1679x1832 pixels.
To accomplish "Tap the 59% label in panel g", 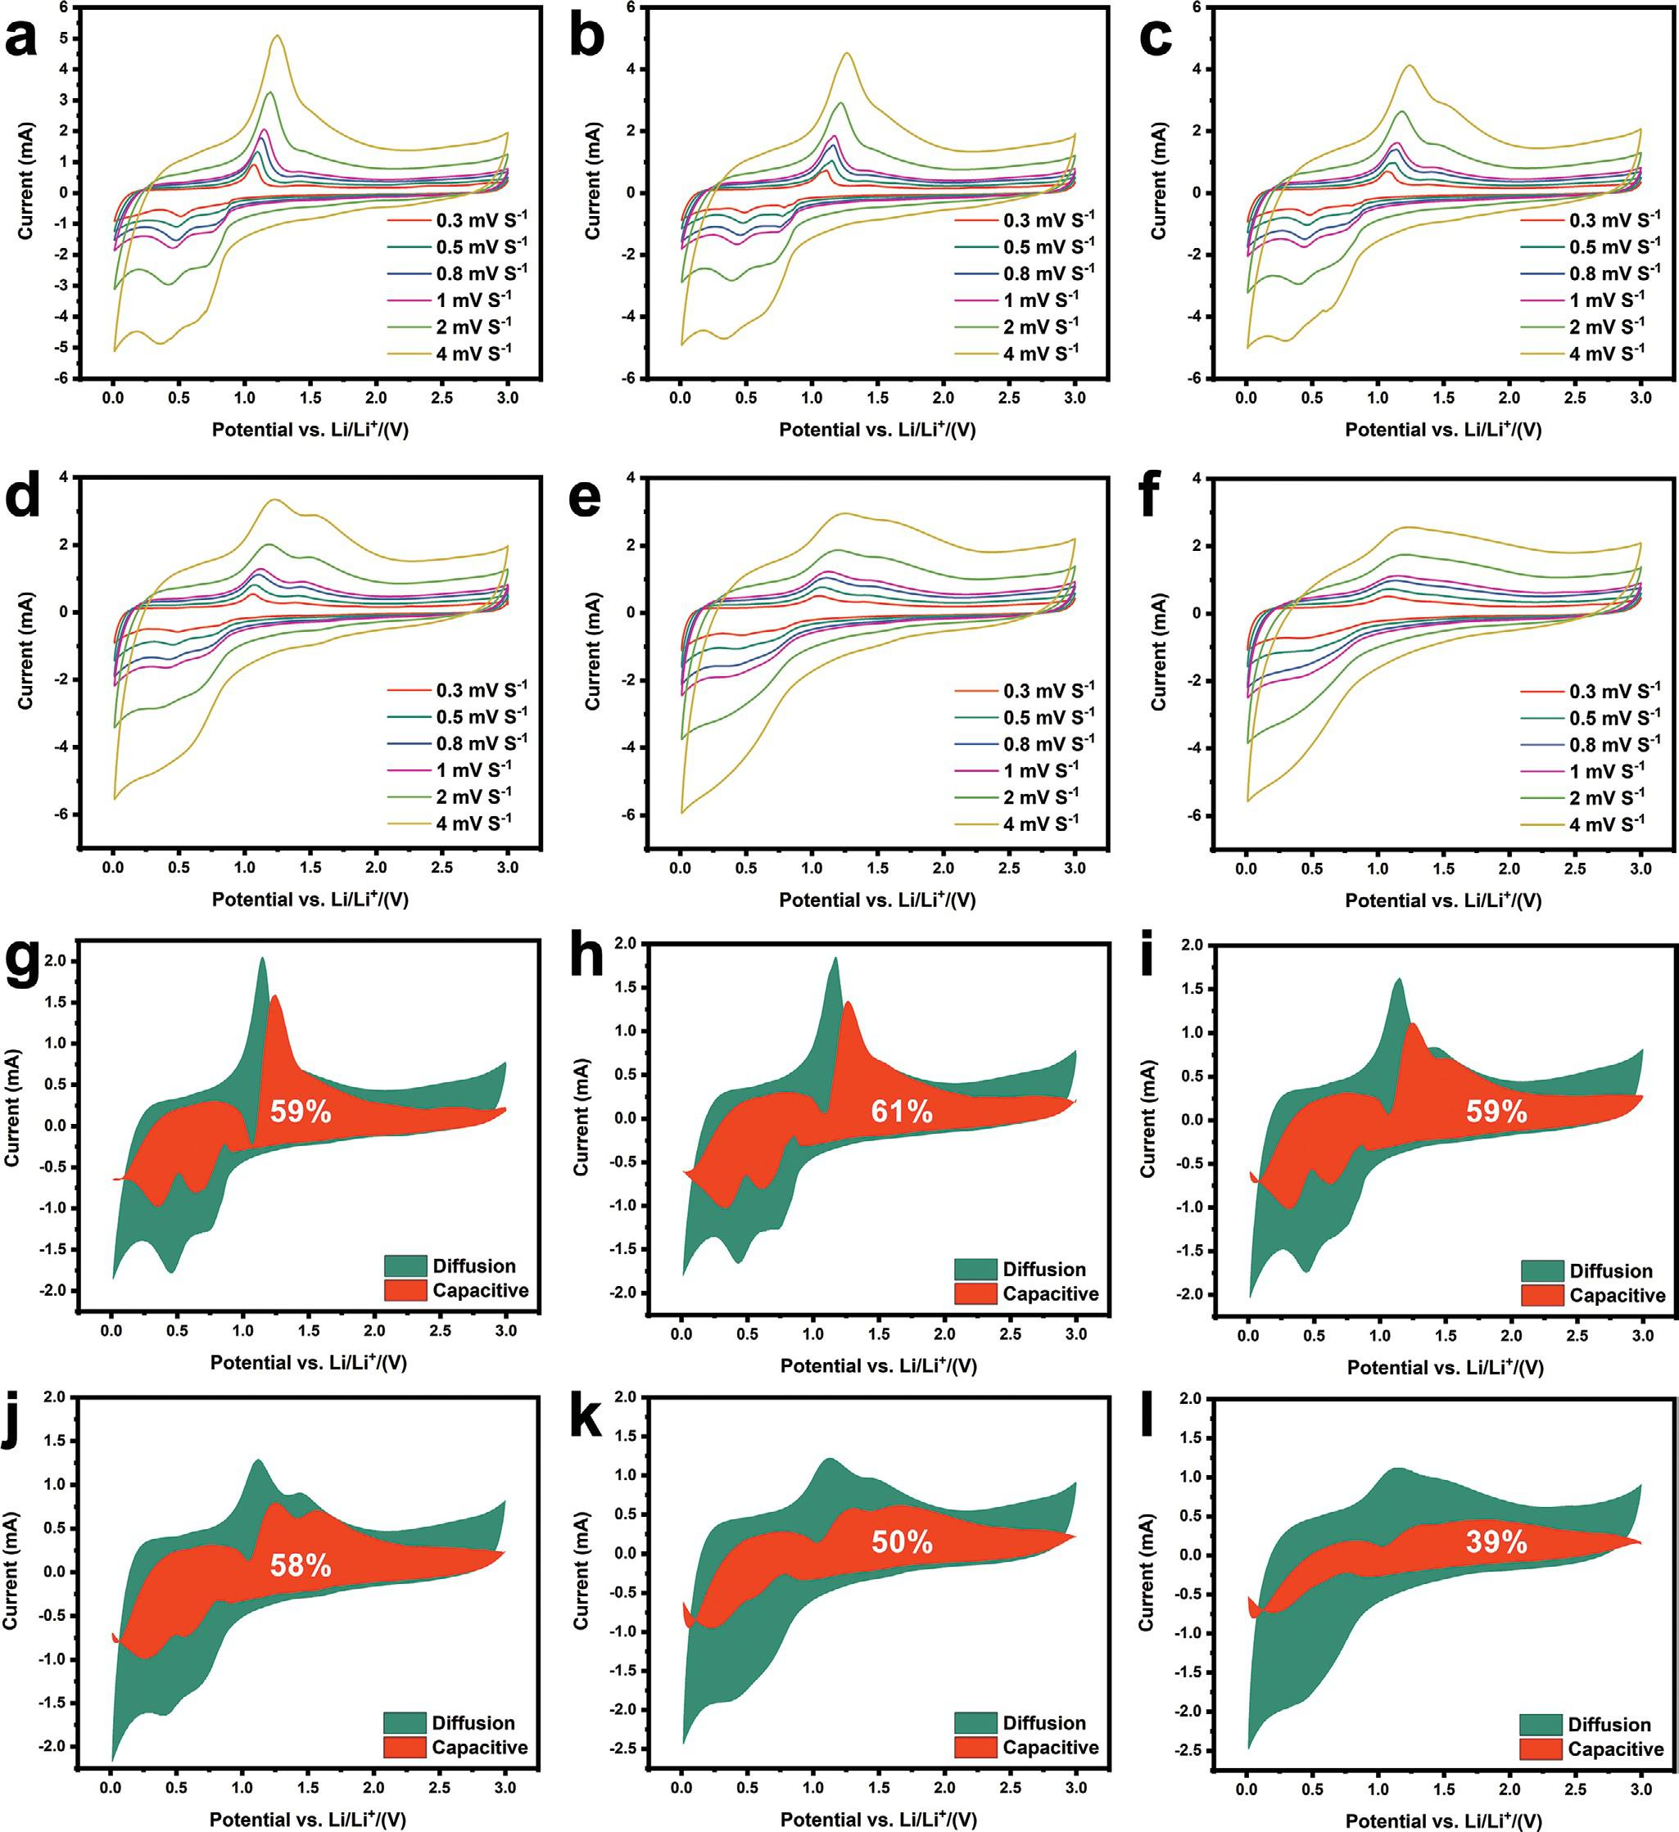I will pos(300,1112).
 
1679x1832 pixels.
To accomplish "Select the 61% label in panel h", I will pos(901,1112).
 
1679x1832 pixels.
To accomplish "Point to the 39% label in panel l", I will pos(1496,1542).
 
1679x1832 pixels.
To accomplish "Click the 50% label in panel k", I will pos(901,1542).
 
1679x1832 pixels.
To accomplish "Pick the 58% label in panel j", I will pos(300,1566).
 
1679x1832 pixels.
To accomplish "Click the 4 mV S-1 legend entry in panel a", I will pos(473,354).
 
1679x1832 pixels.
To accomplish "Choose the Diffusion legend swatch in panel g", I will pos(405,1266).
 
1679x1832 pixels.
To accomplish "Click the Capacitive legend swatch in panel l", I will pos(1541,1749).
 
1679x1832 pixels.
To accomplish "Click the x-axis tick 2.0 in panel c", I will pos(1509,397).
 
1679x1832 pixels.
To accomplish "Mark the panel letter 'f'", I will pos(1149,498).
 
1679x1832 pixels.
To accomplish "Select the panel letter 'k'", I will pos(586,1419).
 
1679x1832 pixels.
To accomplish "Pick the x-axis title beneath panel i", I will pos(1445,1367).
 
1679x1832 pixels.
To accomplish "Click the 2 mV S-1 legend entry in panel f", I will pos(1605,798).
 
